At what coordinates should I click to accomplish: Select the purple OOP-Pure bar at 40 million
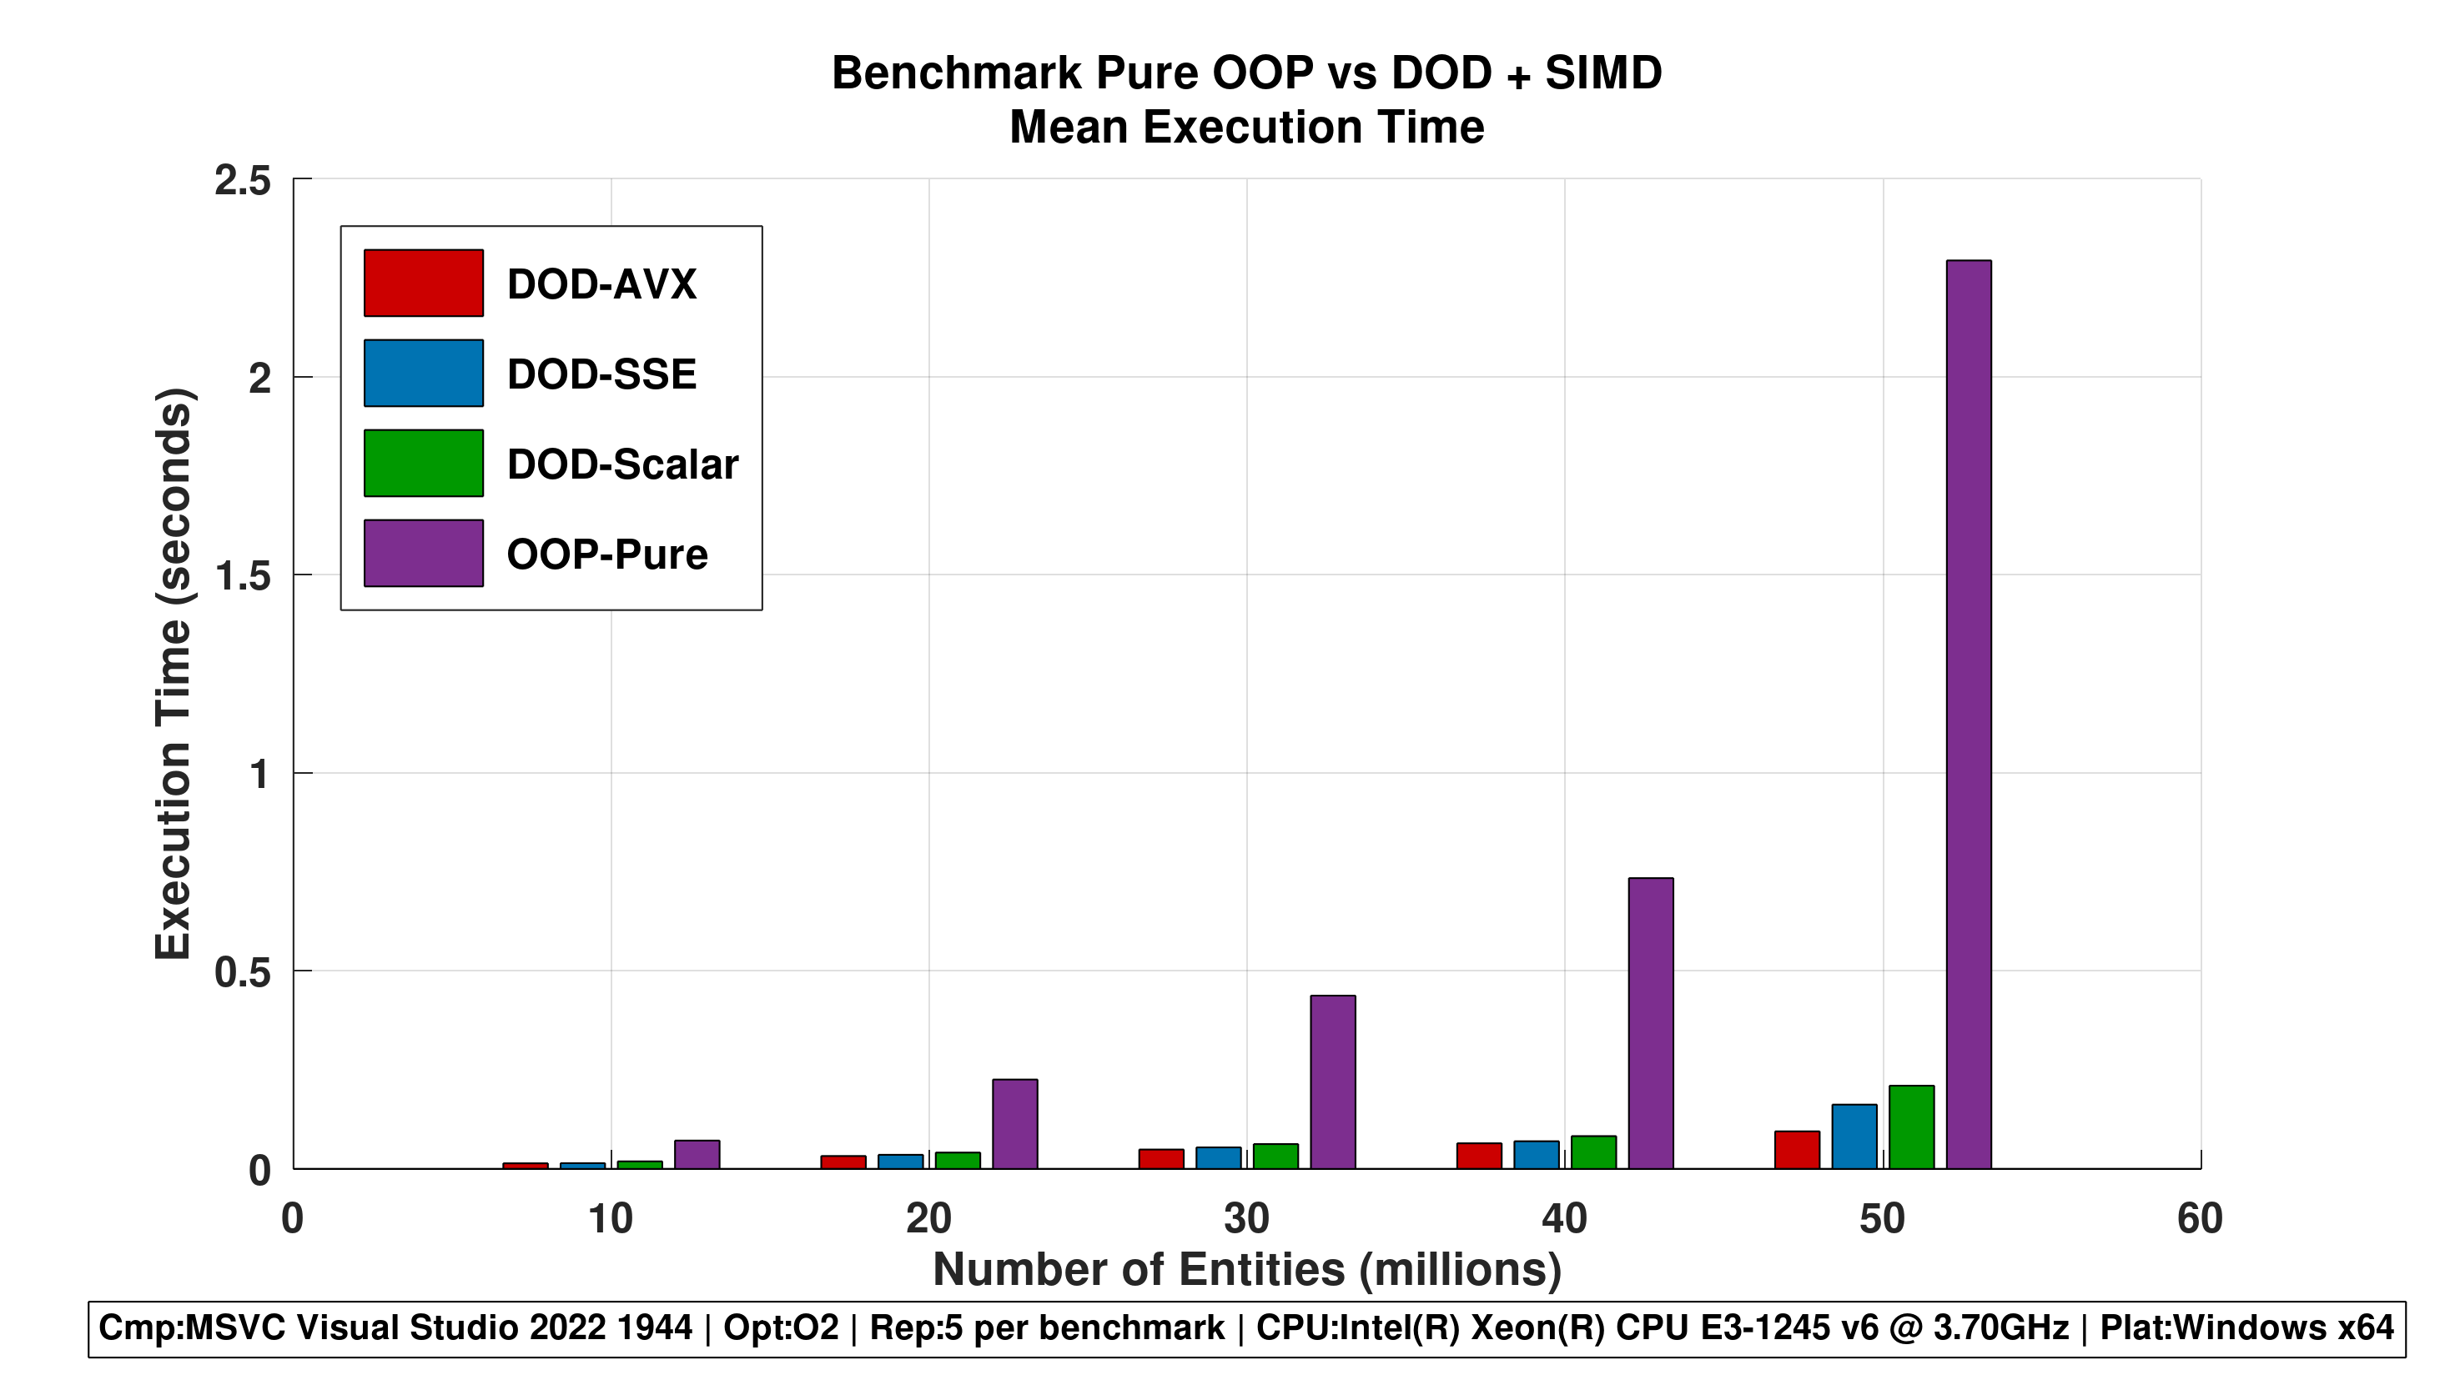point(1651,1022)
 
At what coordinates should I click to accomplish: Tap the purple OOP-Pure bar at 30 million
point(1332,1081)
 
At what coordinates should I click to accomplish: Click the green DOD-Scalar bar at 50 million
point(1910,1127)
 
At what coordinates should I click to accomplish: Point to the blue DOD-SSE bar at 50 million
point(1854,1136)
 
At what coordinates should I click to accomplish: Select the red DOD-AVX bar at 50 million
point(1797,1149)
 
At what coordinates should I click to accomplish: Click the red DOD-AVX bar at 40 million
point(1479,1155)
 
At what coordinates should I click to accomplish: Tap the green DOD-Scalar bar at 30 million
point(1275,1156)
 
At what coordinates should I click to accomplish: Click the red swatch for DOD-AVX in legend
point(423,283)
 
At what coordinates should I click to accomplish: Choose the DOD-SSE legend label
point(601,374)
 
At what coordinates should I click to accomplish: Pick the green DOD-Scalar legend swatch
point(423,463)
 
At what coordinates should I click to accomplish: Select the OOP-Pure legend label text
point(607,555)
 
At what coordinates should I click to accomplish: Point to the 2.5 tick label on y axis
point(242,180)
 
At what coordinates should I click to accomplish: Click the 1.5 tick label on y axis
point(243,576)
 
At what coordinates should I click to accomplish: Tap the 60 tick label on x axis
point(2199,1218)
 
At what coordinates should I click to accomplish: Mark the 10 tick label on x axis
point(611,1218)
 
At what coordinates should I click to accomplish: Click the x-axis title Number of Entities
point(1246,1270)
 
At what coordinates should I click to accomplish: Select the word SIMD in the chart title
point(1603,73)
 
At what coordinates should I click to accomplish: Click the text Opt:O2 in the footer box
point(781,1327)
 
